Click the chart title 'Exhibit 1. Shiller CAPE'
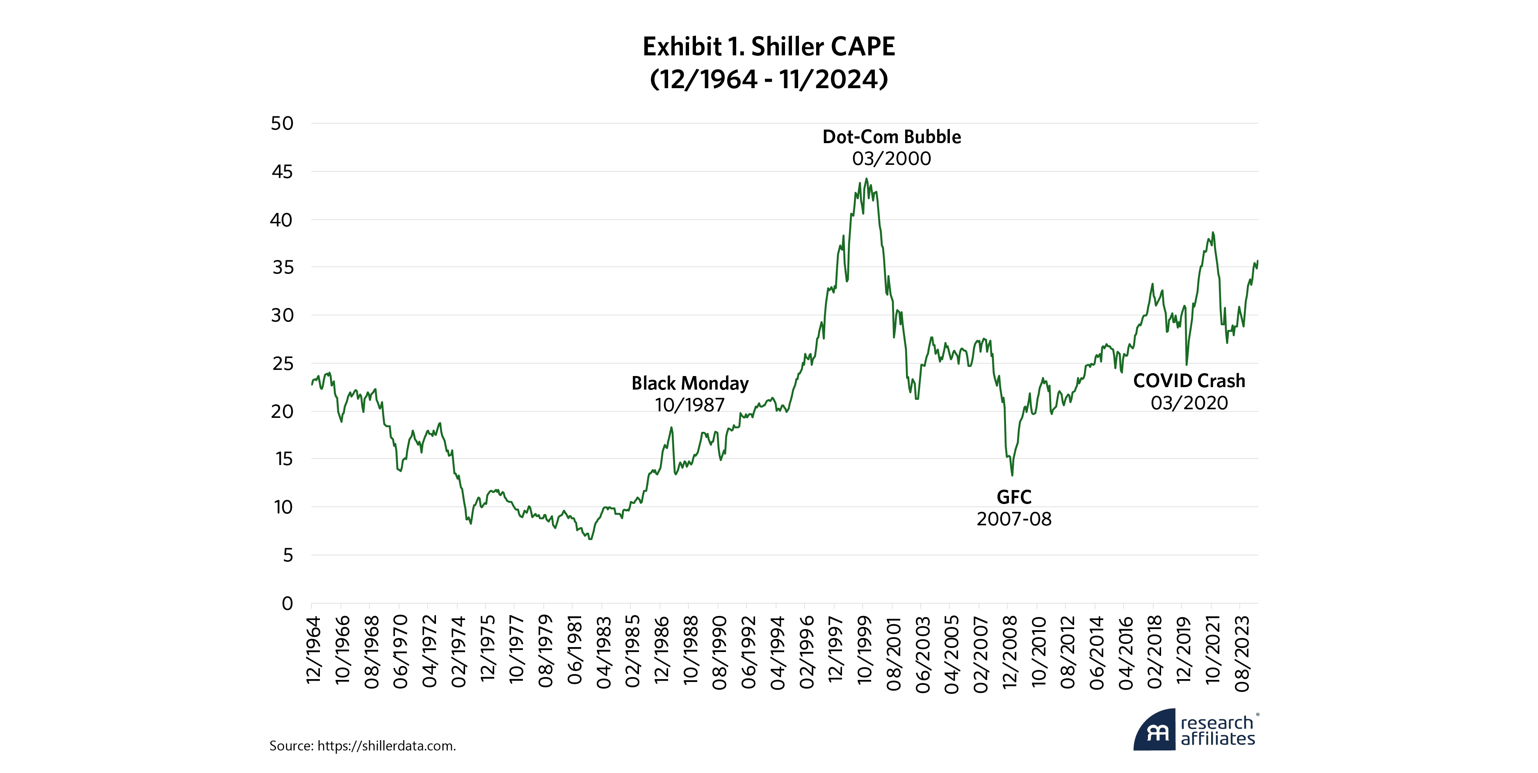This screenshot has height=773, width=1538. (769, 47)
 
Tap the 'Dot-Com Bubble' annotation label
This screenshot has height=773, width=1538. (891, 137)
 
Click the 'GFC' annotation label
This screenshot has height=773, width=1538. (1014, 497)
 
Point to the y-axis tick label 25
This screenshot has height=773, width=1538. (283, 363)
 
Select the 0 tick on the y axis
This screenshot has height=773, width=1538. (287, 604)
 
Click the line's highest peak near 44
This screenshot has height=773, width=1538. (866, 178)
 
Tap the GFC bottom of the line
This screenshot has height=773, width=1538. (1012, 475)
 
